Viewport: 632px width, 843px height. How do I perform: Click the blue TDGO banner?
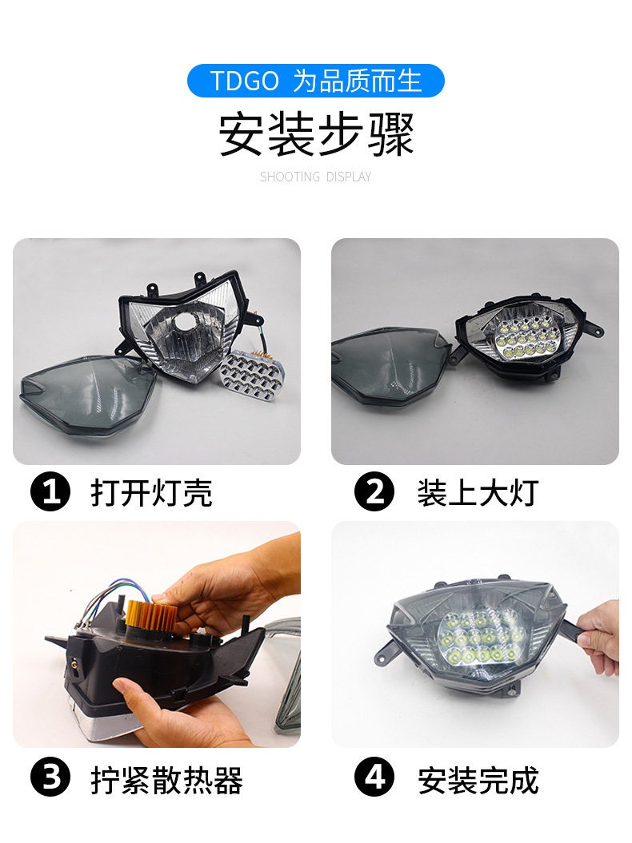point(315,81)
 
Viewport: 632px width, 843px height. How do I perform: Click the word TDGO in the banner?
point(245,82)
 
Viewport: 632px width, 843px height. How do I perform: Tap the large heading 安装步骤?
point(316,134)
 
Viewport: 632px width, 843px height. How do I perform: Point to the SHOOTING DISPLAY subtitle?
point(315,177)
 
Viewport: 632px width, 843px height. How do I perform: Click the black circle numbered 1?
point(50,491)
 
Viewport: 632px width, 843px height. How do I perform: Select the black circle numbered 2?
point(374,491)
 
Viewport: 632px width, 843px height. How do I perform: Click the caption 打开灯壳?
point(151,492)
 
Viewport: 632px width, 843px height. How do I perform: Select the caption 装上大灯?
point(478,492)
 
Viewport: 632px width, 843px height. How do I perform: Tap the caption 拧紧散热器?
point(167,779)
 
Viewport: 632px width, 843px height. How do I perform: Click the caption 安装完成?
point(478,779)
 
